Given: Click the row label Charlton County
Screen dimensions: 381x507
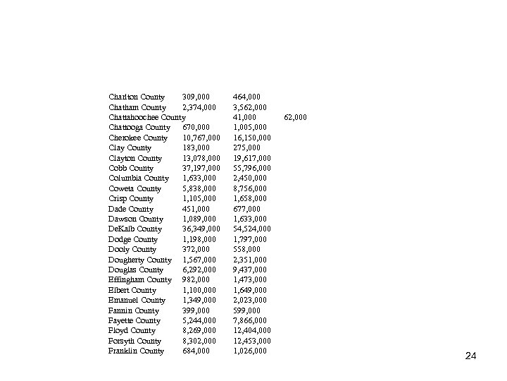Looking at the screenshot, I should [x=137, y=97].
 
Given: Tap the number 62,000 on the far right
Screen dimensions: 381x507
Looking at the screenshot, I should [x=295, y=117].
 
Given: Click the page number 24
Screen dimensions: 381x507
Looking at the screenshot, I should [x=470, y=356].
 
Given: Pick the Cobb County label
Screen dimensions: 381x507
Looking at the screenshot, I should [x=131, y=168].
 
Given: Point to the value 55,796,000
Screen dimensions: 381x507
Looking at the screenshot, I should [x=251, y=168].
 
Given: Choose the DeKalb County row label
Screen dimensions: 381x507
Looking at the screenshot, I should [x=135, y=229].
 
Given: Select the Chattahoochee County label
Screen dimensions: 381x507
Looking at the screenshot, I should [x=147, y=116].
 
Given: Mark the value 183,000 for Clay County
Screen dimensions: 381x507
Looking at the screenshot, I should [x=196, y=147].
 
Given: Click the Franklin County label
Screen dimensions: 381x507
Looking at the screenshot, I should [x=136, y=351].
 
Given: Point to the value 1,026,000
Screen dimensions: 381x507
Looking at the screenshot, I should [x=249, y=351].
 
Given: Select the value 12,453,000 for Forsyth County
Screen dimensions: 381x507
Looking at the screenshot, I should [x=251, y=341].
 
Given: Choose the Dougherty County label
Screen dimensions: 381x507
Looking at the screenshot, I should [x=139, y=260].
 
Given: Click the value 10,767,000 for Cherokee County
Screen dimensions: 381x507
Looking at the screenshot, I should [x=201, y=138].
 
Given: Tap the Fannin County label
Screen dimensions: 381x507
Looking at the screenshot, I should [x=134, y=310].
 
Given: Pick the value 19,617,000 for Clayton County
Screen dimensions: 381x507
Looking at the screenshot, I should [x=251, y=158].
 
